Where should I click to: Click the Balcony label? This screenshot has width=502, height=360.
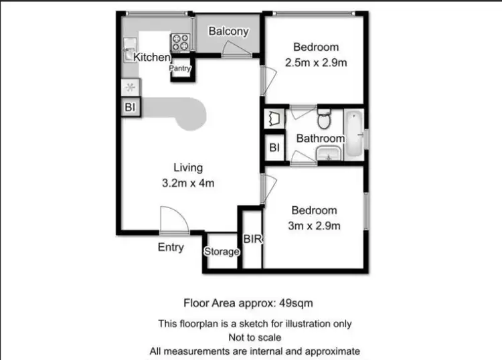click(x=228, y=31)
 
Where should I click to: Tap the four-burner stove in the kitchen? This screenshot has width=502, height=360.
click(x=179, y=43)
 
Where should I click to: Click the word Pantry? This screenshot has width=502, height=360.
click(x=180, y=68)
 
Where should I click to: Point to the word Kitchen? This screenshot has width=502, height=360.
click(x=152, y=58)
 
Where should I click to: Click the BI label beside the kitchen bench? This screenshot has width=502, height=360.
click(x=129, y=107)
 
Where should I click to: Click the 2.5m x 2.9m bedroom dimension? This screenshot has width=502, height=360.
click(x=316, y=62)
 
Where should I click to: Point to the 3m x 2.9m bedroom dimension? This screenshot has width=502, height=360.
click(x=315, y=226)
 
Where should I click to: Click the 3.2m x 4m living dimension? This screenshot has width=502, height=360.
click(x=188, y=182)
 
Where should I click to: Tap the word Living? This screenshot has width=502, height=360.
click(x=188, y=167)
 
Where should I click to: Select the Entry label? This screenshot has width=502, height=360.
click(x=171, y=248)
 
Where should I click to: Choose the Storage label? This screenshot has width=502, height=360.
click(x=222, y=252)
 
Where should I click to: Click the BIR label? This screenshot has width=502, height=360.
click(x=252, y=239)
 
